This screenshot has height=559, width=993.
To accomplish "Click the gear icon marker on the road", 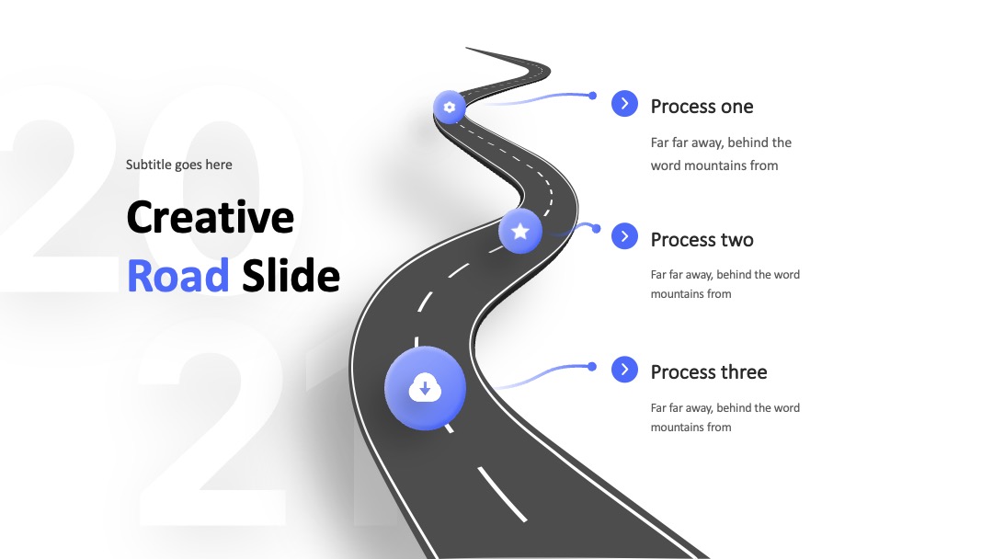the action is (x=449, y=107).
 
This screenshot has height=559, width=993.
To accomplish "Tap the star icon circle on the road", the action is (x=519, y=231).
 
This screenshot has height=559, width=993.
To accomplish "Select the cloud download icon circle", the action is (x=425, y=388).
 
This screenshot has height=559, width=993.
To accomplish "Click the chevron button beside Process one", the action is (x=624, y=103).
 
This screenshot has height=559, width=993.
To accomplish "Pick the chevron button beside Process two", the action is (x=624, y=236).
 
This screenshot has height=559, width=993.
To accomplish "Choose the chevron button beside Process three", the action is (x=624, y=369).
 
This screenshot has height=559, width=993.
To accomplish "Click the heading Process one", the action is (x=702, y=107).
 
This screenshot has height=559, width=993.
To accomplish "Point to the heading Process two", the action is (x=702, y=239).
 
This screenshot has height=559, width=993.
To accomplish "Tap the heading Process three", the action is (x=709, y=371).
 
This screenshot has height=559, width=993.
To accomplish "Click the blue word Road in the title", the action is (x=178, y=276).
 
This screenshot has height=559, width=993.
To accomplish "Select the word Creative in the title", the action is (x=211, y=217).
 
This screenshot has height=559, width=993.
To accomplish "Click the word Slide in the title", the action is (x=291, y=276).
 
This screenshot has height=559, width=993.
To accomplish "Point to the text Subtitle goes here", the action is (x=178, y=165).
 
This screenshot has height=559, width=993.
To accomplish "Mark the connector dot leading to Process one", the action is (x=592, y=96).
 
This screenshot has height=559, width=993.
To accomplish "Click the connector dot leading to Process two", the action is (x=596, y=229).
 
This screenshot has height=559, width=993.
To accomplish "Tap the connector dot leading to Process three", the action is (x=591, y=367).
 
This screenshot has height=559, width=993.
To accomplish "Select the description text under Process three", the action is (x=725, y=417).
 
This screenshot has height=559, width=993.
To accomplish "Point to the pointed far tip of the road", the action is (x=466, y=48).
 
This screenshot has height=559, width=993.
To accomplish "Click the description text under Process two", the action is (x=725, y=284).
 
